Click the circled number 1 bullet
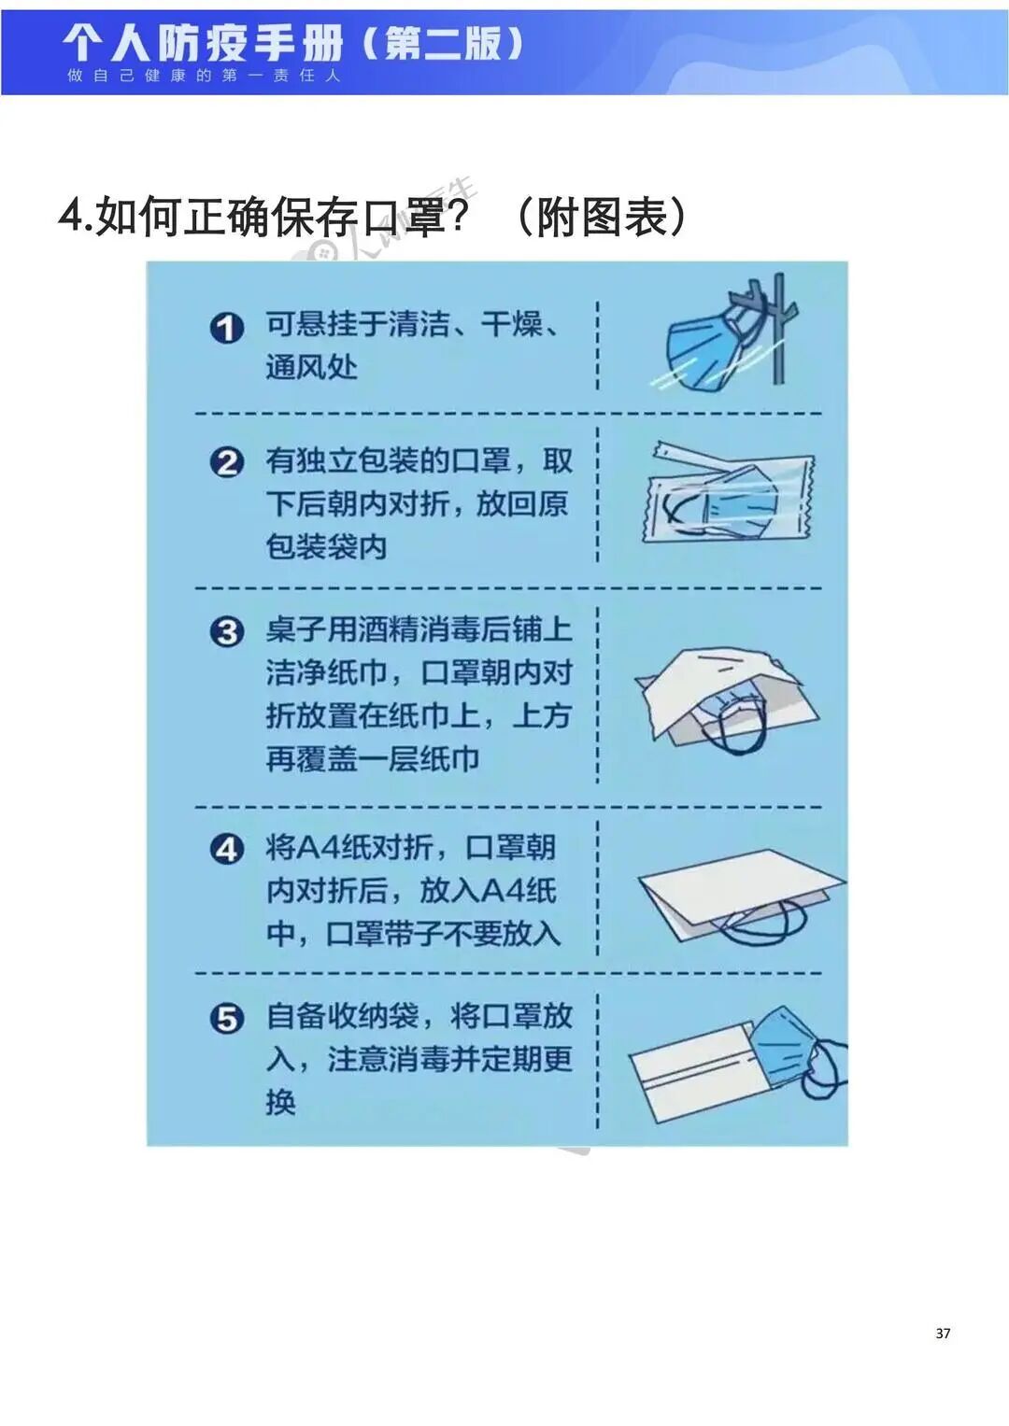coord(226,328)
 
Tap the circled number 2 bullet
coord(226,462)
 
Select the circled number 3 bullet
coord(226,632)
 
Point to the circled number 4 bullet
coord(226,850)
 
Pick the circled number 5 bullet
coord(226,1019)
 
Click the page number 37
coord(943,1333)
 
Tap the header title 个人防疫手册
coord(204,42)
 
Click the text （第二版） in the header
coord(442,43)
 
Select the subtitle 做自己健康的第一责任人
coord(204,76)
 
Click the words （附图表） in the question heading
coord(600,217)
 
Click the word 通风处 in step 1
coord(311,367)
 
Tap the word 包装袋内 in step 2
coord(326,546)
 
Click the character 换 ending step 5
coord(280,1102)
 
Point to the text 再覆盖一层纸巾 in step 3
coord(372,758)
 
